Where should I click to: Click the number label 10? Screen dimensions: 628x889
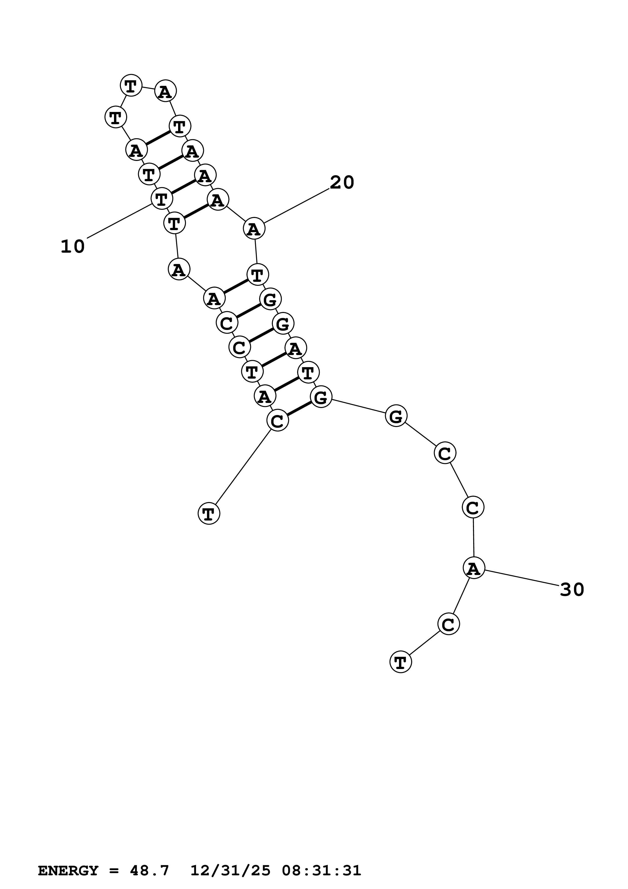tap(73, 247)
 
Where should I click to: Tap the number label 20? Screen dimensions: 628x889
tap(342, 182)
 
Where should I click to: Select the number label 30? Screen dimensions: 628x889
tap(572, 590)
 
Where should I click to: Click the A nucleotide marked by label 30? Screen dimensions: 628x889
tap(474, 568)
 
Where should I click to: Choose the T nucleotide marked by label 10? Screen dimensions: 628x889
tap(161, 199)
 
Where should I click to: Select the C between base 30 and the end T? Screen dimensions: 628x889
tap(448, 624)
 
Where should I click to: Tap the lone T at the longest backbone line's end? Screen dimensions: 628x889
tap(208, 513)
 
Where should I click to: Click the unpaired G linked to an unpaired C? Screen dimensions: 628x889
tap(396, 416)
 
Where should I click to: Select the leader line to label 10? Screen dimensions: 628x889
tap(119, 221)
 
